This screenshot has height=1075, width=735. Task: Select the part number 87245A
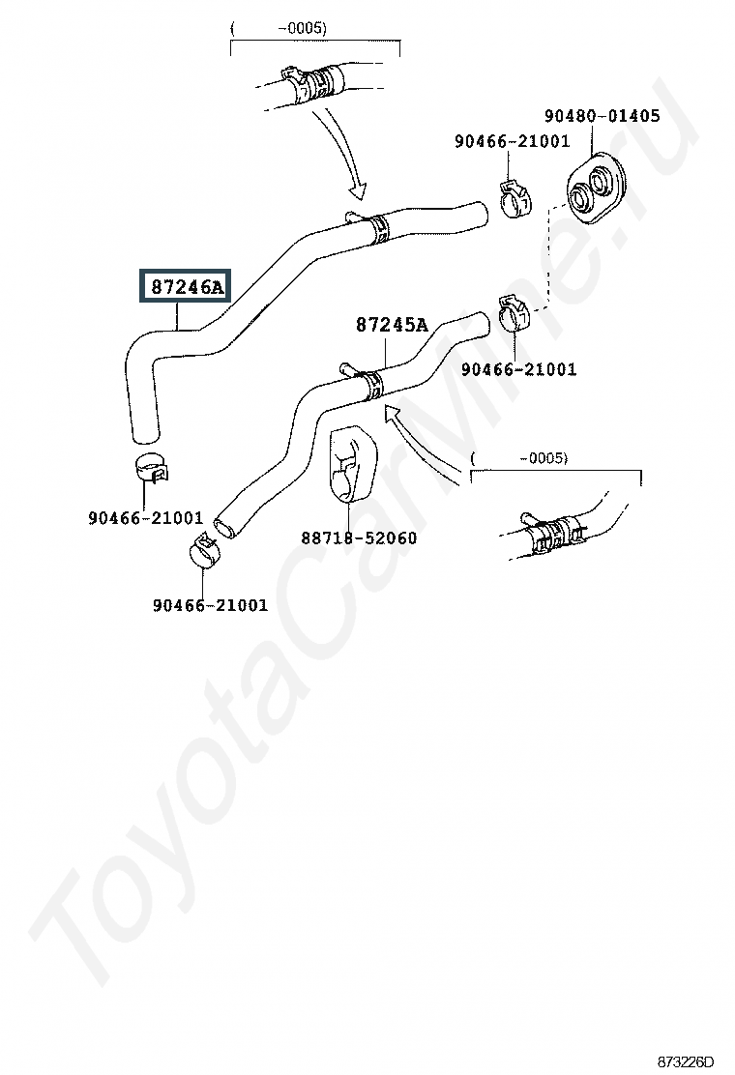[x=391, y=325]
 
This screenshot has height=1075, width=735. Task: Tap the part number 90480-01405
[x=602, y=116]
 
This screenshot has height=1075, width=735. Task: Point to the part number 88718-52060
[x=359, y=537]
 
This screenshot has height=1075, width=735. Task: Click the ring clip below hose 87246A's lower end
[x=149, y=466]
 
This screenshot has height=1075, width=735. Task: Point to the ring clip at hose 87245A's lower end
[x=203, y=549]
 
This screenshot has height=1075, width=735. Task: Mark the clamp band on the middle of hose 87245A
[x=372, y=381]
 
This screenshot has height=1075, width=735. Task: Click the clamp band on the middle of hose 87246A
[x=375, y=227]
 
